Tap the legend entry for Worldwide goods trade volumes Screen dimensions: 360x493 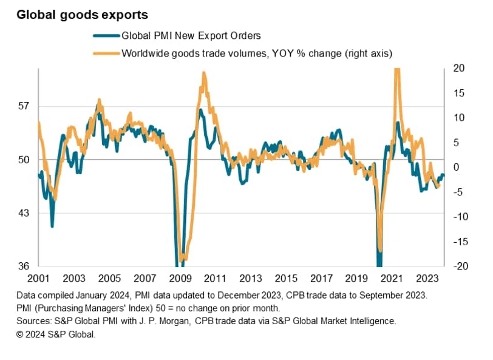[257, 53]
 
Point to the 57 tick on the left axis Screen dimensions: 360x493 [24, 107]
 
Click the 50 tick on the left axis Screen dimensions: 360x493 [24, 160]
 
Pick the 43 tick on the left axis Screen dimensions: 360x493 [24, 213]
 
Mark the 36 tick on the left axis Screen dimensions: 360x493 [24, 266]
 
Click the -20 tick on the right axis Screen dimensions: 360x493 [458, 266]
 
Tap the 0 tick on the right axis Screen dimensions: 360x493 [458, 167]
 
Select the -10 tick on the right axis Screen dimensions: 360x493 [458, 217]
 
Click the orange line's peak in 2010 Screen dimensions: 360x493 [203, 73]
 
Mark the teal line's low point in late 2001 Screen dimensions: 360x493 [52, 226]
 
